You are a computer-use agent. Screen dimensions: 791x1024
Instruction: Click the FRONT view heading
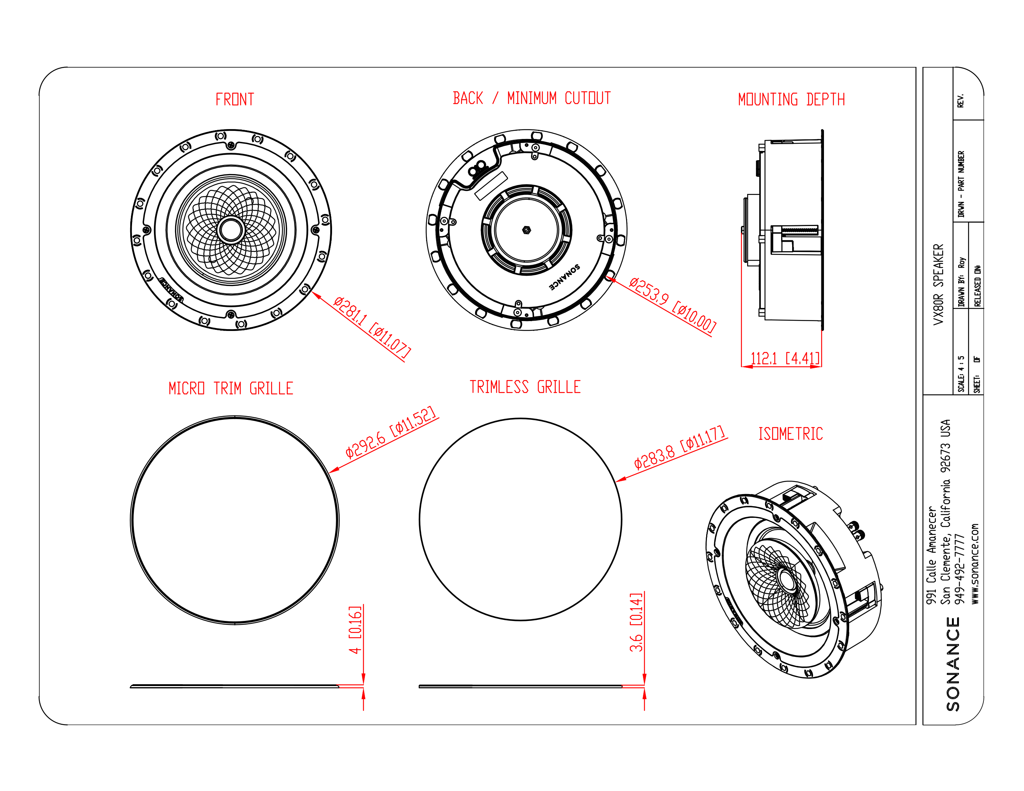click(x=234, y=99)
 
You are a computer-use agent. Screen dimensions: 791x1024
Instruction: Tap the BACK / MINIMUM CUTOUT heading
click(x=531, y=98)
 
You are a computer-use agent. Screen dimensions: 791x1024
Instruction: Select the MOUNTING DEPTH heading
click(x=791, y=99)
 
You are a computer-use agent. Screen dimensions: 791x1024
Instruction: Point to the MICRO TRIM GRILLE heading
click(x=231, y=388)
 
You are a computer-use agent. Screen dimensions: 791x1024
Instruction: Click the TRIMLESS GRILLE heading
click(x=525, y=387)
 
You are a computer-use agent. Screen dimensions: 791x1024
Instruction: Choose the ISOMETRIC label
click(x=791, y=434)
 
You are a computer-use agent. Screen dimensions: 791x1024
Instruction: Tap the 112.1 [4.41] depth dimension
click(x=785, y=359)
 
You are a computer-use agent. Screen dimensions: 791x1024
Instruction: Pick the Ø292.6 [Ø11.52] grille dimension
click(x=391, y=432)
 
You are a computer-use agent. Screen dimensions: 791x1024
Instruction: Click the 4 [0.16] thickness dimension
click(x=355, y=629)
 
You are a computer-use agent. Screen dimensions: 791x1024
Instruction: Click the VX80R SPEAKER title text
click(x=938, y=284)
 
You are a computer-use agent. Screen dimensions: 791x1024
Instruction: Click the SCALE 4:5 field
click(x=961, y=374)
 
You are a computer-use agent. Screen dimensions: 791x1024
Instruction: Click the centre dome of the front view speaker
click(x=231, y=230)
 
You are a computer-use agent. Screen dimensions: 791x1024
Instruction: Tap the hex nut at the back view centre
click(x=526, y=230)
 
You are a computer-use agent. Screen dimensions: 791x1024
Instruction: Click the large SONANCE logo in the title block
click(x=953, y=663)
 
